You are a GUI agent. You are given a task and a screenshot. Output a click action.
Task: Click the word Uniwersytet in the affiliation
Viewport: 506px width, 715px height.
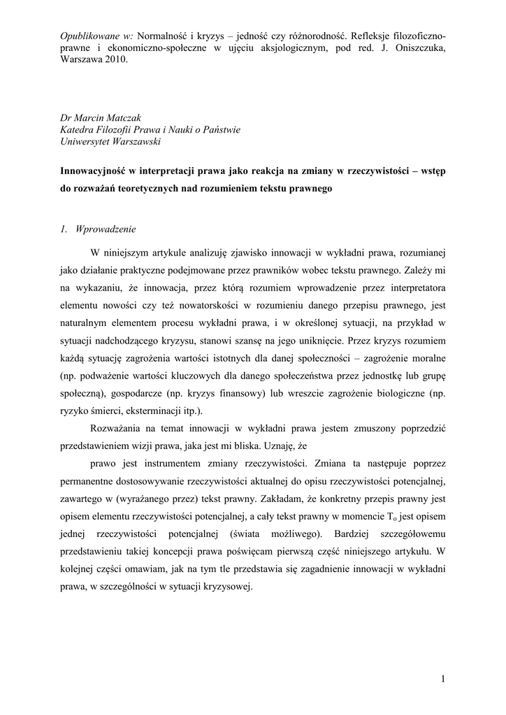[89, 141]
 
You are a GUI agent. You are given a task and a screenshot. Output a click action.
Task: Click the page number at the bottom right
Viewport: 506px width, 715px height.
[444, 678]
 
